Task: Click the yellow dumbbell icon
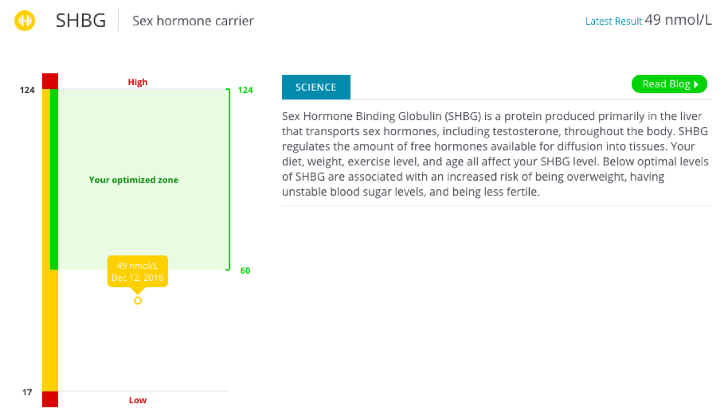click(x=25, y=20)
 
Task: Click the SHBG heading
click(x=81, y=20)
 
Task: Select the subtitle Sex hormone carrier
click(x=193, y=21)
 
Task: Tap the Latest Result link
click(x=613, y=21)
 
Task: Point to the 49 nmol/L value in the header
click(x=678, y=20)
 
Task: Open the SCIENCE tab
click(x=316, y=87)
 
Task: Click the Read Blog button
click(x=669, y=84)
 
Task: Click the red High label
click(x=138, y=82)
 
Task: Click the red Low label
click(x=138, y=400)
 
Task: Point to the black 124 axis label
click(x=27, y=90)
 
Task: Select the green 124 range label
click(x=246, y=90)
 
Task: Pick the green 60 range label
click(x=246, y=271)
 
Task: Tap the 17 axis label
click(x=27, y=392)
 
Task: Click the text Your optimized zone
click(x=133, y=180)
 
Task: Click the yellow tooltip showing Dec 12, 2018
click(x=138, y=272)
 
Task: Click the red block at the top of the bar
click(x=50, y=81)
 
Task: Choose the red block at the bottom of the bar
click(x=50, y=399)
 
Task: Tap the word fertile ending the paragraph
click(x=523, y=192)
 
